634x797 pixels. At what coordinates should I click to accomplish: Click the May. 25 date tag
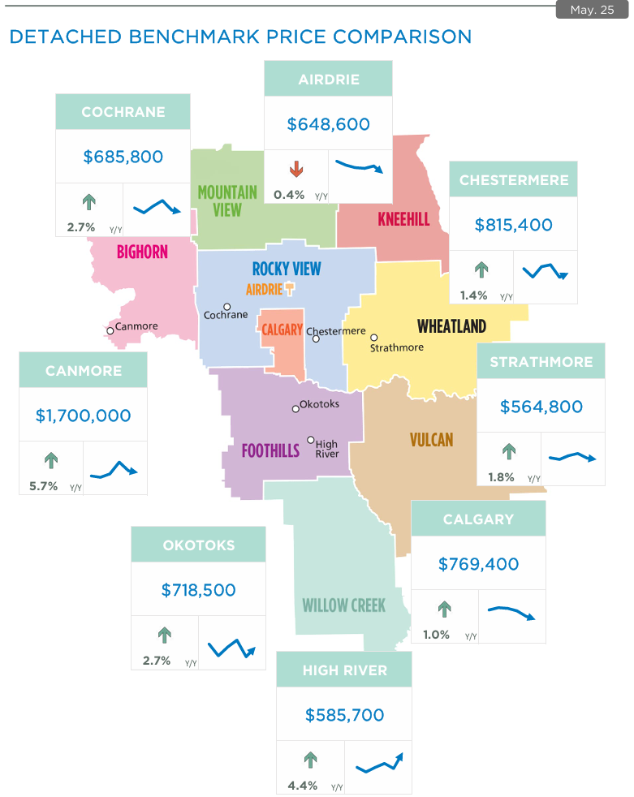(592, 10)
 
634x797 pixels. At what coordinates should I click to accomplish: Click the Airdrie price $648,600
(328, 124)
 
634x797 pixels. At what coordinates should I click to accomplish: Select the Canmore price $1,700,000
(83, 415)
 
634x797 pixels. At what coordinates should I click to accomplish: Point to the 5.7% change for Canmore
(43, 486)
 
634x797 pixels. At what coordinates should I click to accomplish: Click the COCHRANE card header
(123, 112)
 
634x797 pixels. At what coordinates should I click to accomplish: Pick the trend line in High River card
(379, 763)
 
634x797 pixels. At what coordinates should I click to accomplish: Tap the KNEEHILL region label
(403, 219)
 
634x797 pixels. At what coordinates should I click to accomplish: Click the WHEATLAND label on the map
(451, 326)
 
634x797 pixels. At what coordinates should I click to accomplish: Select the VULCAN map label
(431, 440)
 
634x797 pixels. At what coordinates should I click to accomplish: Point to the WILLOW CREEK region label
(343, 605)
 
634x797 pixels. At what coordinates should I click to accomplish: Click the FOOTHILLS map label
(270, 450)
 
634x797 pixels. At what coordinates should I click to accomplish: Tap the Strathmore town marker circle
(374, 338)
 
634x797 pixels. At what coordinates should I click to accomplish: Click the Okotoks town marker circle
(295, 409)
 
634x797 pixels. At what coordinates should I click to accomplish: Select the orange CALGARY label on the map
(282, 330)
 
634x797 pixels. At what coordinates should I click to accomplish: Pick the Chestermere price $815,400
(513, 225)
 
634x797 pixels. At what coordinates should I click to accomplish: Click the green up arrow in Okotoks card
(164, 634)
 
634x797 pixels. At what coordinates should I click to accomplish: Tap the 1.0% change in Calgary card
(436, 635)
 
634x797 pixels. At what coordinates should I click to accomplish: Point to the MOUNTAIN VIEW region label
(227, 200)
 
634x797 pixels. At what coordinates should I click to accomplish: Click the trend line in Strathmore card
(572, 457)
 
